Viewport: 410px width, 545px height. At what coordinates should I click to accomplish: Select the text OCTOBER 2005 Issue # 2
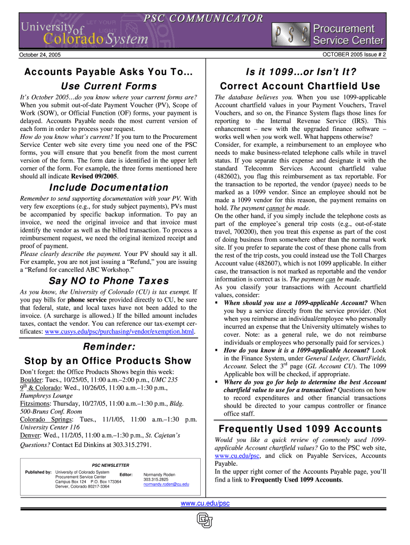pyautogui.click(x=354, y=54)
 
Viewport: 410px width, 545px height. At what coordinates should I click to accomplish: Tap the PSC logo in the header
pyautogui.click(x=289, y=36)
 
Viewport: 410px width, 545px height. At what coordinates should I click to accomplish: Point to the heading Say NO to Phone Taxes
pyautogui.click(x=109, y=280)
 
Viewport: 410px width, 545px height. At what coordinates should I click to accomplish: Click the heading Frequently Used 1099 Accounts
pyautogui.click(x=300, y=429)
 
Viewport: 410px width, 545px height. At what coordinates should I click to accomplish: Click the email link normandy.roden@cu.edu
pyautogui.click(x=166, y=484)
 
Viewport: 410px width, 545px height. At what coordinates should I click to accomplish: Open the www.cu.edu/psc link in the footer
pyautogui.click(x=206, y=503)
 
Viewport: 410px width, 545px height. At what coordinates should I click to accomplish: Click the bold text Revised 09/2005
pyautogui.click(x=89, y=176)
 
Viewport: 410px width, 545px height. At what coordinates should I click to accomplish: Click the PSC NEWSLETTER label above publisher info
pyautogui.click(x=111, y=465)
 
